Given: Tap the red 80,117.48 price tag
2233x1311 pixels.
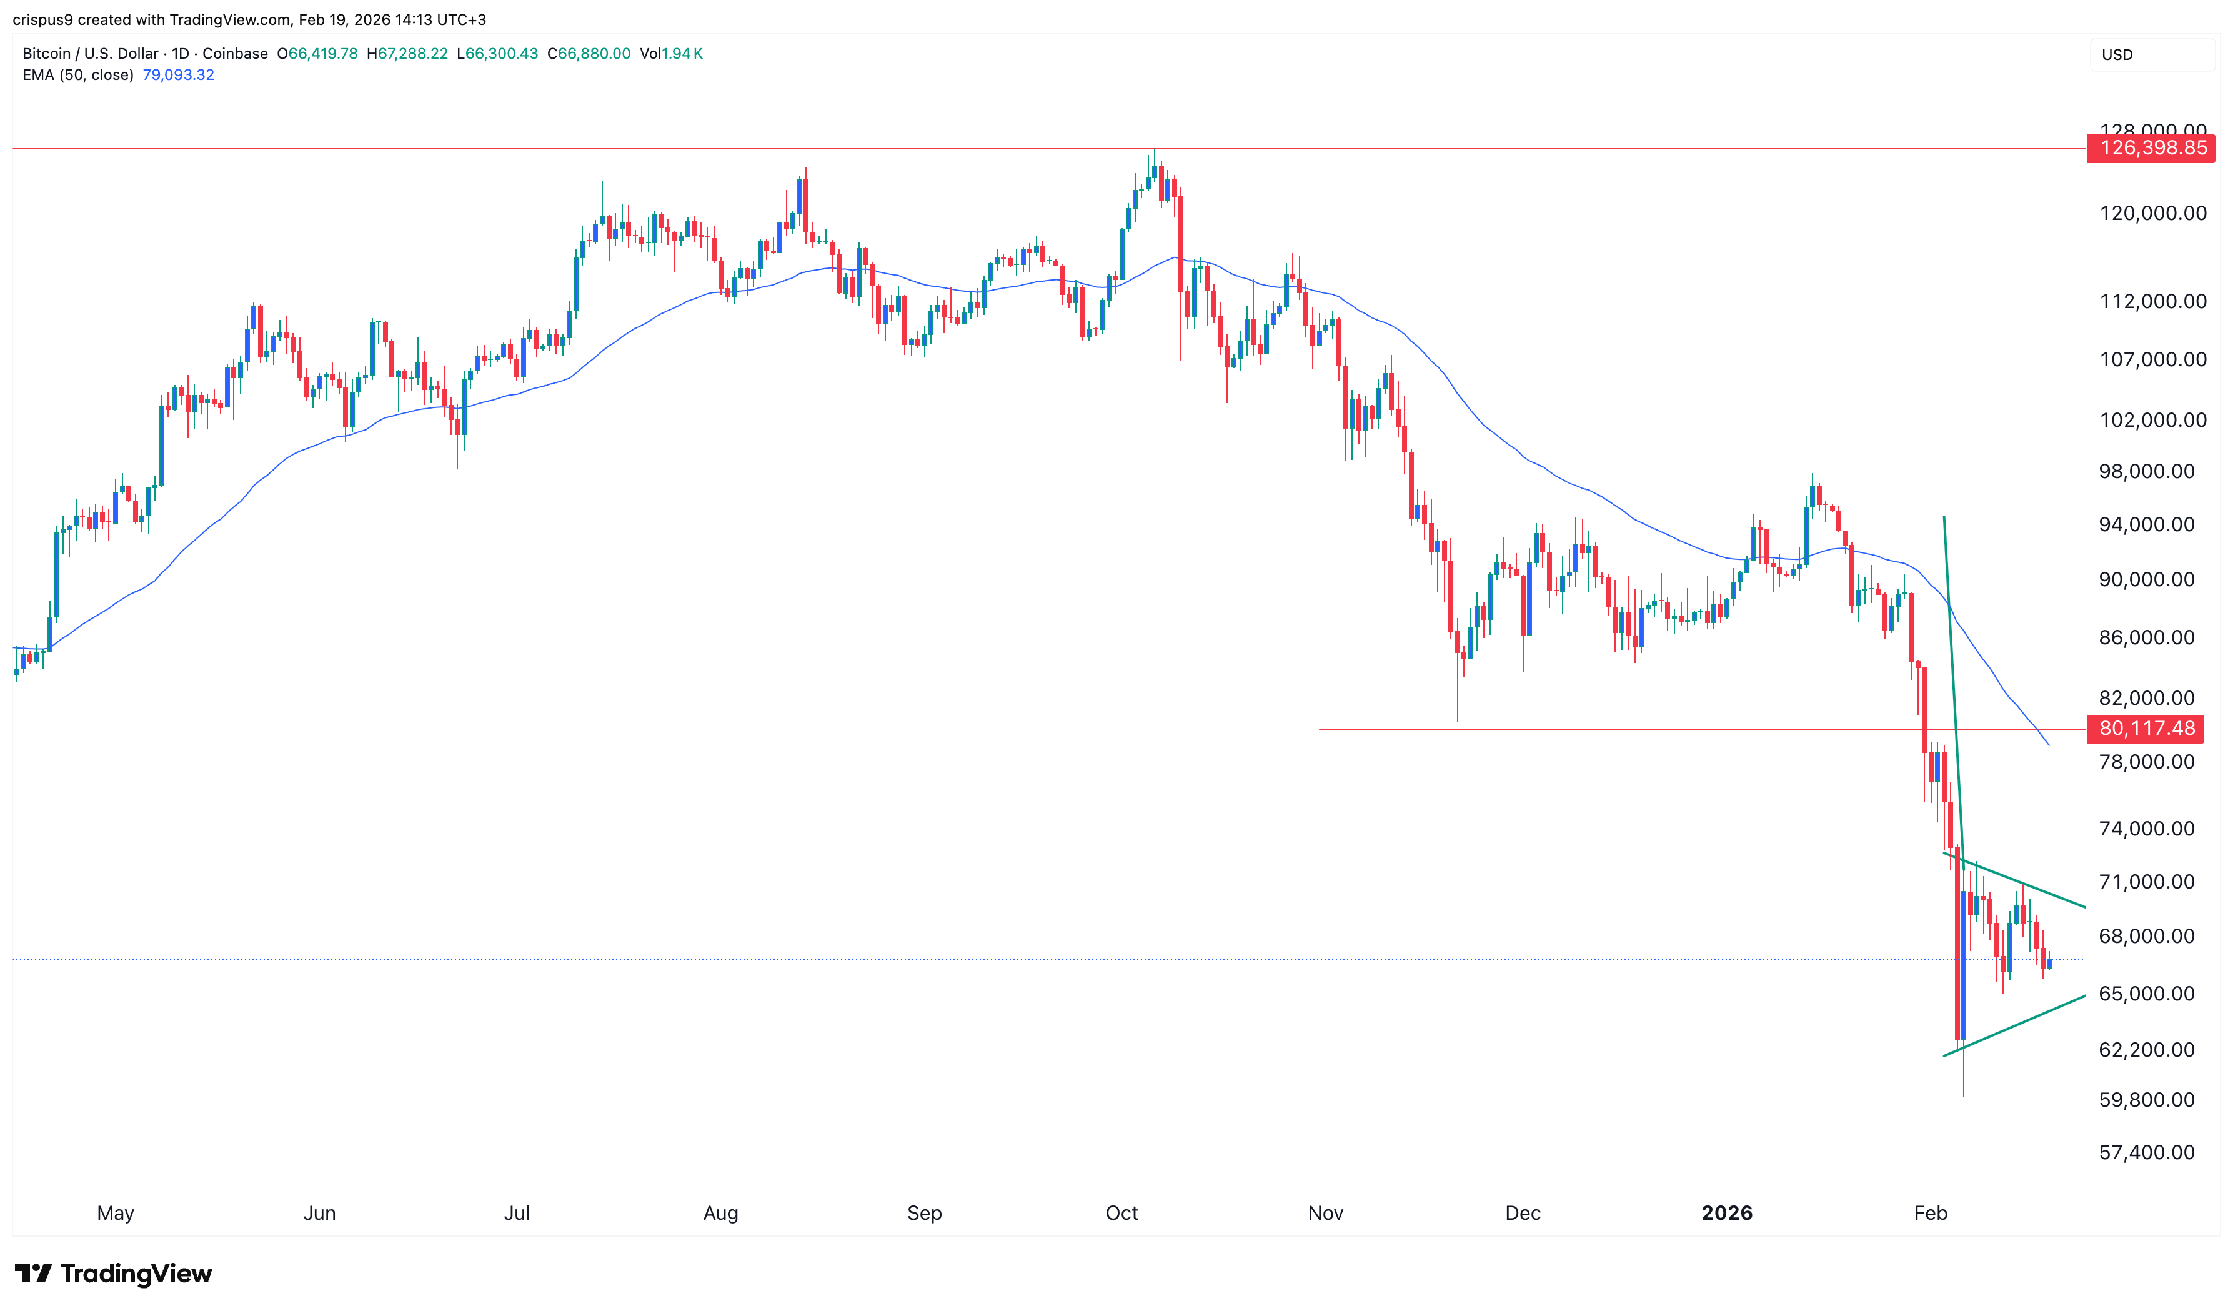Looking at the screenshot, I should pyautogui.click(x=2146, y=729).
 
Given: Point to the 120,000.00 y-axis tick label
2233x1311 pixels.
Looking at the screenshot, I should pyautogui.click(x=2152, y=214).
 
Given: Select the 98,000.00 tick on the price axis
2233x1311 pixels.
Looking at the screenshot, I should pyautogui.click(x=2146, y=472).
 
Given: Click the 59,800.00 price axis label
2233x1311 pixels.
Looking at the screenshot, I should pyautogui.click(x=2146, y=1100).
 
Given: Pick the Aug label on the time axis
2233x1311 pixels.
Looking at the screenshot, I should pyautogui.click(x=720, y=1213).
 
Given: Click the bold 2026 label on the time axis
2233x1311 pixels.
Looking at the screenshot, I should pyautogui.click(x=1726, y=1213).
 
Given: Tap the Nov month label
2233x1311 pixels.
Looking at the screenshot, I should pyautogui.click(x=1326, y=1213).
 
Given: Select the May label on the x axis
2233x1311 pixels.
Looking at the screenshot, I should pyautogui.click(x=115, y=1213).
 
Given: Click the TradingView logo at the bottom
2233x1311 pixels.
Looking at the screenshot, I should pyautogui.click(x=114, y=1274).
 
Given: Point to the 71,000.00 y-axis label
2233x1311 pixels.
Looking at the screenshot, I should pyautogui.click(x=2146, y=882).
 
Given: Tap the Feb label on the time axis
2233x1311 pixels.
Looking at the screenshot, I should pyautogui.click(x=1930, y=1213).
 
